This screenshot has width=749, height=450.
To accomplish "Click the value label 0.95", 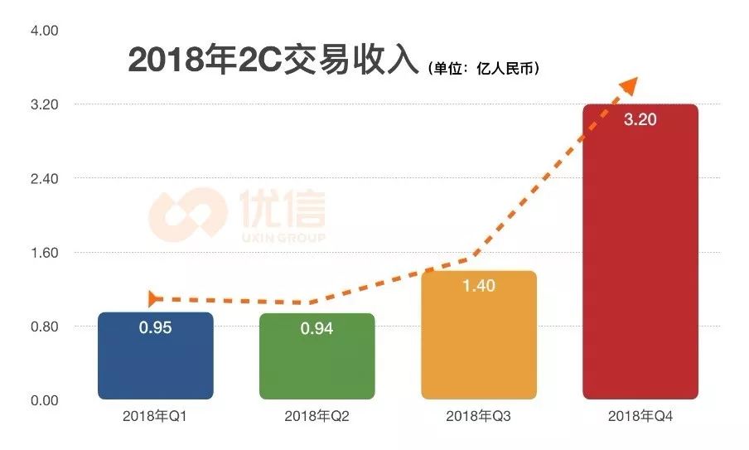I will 155,328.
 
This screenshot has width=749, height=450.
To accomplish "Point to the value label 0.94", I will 317,329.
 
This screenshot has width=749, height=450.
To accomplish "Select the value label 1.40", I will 478,286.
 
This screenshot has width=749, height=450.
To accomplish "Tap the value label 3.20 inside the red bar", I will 640,119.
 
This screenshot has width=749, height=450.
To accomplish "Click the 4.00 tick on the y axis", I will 43,31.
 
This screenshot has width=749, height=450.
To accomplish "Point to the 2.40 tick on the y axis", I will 43,179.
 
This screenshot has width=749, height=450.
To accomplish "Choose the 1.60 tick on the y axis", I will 43,253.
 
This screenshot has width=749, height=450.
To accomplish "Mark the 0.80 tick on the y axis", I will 43,327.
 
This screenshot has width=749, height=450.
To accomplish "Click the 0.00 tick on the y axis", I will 43,400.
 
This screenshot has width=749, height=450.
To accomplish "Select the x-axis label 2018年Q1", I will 155,416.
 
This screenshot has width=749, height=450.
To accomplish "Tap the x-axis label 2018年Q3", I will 478,416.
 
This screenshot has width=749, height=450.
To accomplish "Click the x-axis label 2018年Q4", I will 640,416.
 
